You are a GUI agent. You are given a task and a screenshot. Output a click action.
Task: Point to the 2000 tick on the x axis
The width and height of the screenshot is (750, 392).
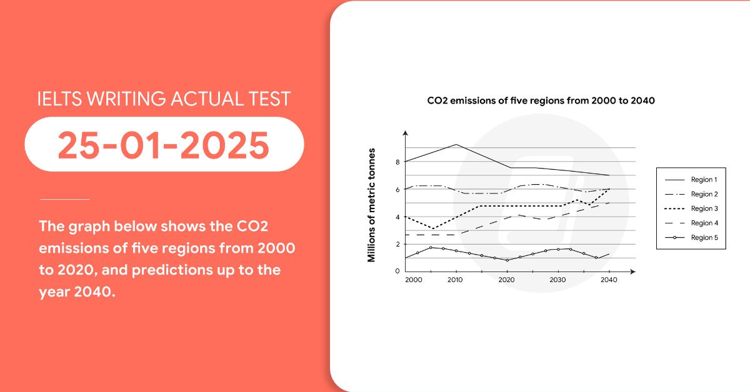pos(414,280)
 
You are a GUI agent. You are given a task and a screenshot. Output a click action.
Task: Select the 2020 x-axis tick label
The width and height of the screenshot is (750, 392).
pos(507,280)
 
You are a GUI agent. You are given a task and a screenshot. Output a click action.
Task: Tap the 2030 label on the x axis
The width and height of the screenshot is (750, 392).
pos(557,280)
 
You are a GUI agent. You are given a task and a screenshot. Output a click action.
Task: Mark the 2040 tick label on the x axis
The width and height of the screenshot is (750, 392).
pos(608,280)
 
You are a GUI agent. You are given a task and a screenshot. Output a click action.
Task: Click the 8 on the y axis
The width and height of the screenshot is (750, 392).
pos(397,162)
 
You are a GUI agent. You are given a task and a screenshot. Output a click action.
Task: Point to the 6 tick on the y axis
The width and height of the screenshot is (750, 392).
pos(397,190)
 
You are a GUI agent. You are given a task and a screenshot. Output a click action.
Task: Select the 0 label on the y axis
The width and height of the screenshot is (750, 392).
pos(397,271)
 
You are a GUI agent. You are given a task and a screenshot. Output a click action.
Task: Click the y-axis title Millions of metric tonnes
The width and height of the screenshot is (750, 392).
pos(372,205)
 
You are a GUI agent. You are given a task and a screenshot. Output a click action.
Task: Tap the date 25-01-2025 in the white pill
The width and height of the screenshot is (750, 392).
pos(164,145)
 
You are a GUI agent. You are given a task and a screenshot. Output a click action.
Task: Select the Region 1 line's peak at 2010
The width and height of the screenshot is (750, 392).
pos(456,144)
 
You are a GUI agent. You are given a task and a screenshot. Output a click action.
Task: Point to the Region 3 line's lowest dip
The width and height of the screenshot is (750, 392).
pos(432,228)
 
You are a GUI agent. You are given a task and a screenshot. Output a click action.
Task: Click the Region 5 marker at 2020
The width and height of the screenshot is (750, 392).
pos(507,260)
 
